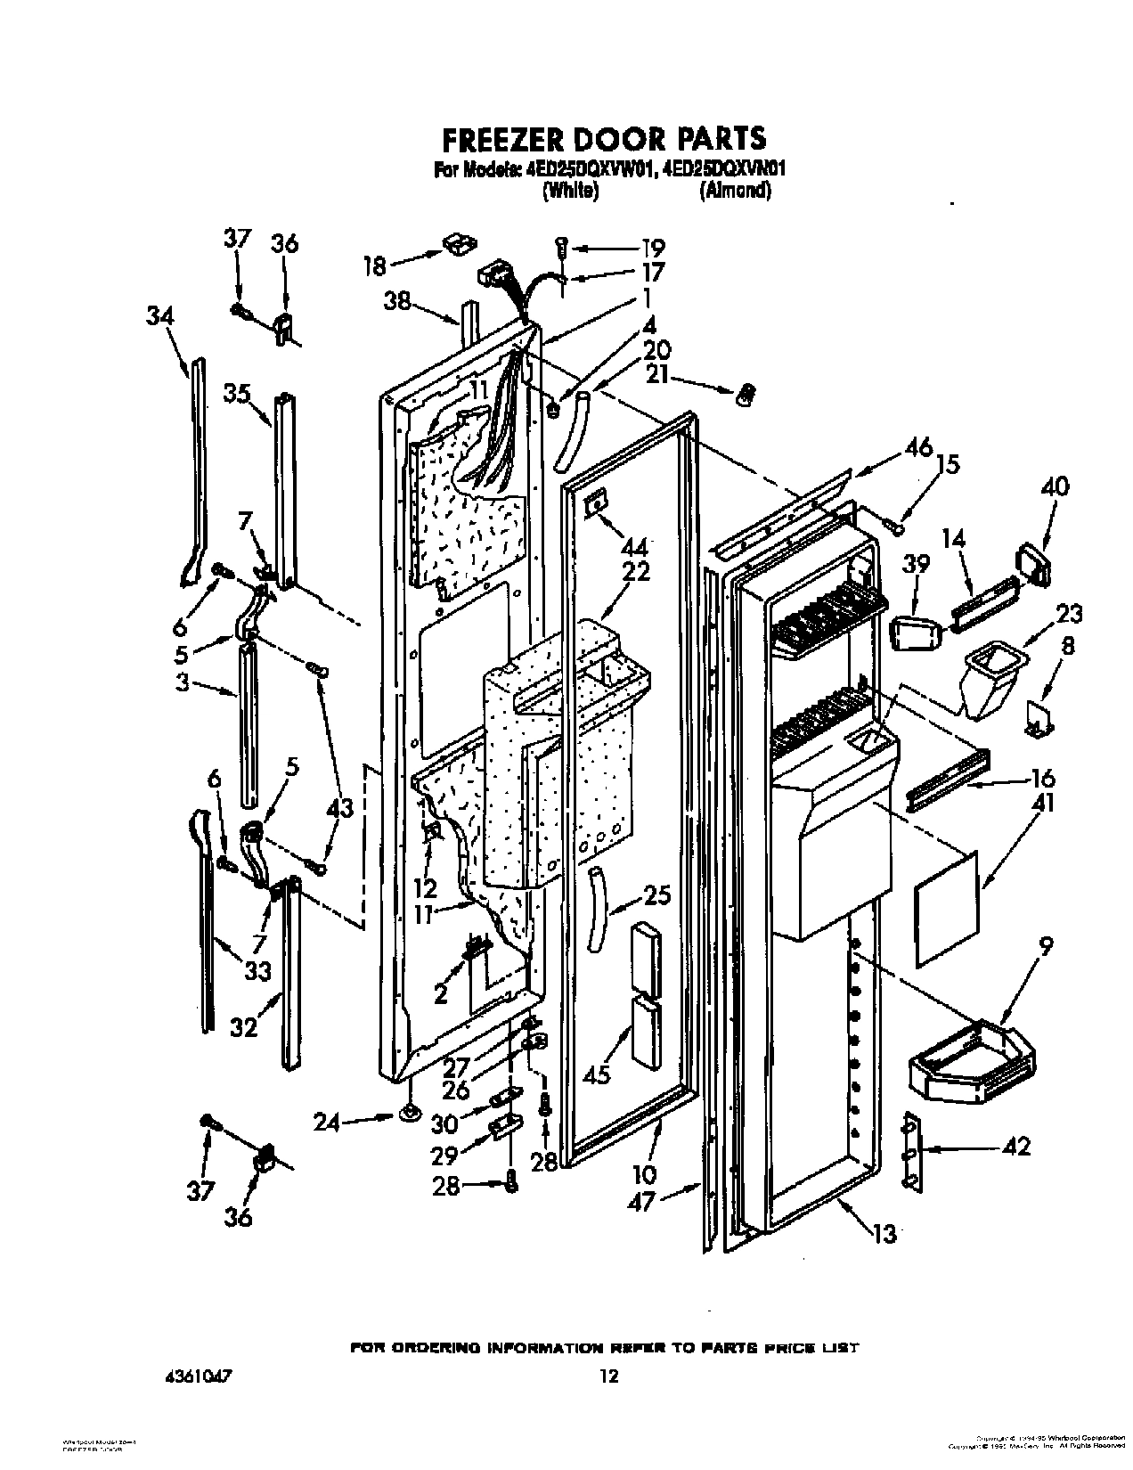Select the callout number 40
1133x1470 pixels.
[1055, 487]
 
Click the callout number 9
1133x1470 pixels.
[1045, 947]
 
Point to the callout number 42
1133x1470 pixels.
[1016, 1147]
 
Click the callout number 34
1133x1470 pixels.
[161, 314]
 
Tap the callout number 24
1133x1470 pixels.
[326, 1123]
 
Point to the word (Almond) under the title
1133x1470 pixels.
[735, 190]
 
